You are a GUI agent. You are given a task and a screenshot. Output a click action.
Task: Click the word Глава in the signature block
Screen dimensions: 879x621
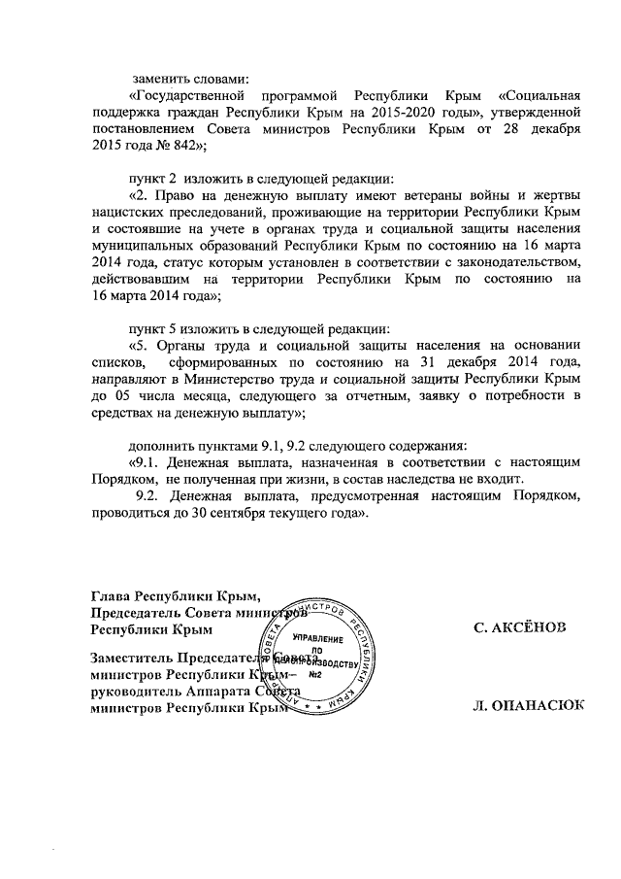[x=110, y=596]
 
